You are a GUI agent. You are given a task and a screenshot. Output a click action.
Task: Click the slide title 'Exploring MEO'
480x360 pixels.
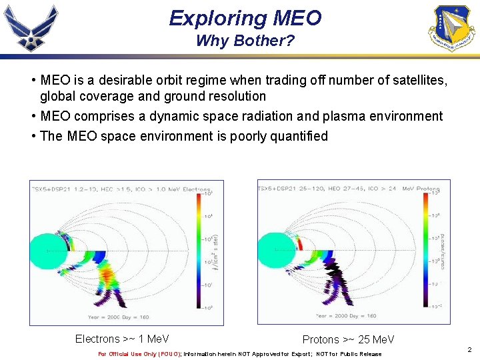[x=245, y=18]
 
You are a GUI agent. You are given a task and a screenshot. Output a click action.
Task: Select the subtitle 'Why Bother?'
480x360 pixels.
[x=245, y=41]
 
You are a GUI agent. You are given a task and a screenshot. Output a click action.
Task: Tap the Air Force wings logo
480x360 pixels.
[x=31, y=27]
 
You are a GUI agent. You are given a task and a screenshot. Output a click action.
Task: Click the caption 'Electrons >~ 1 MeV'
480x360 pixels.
[x=122, y=339]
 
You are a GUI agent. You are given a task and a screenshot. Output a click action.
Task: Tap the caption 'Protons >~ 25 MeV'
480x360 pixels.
[x=348, y=340]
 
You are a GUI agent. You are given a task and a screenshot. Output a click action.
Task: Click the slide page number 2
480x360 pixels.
[x=469, y=349]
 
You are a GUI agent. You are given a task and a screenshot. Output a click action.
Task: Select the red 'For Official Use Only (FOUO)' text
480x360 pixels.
[x=139, y=354]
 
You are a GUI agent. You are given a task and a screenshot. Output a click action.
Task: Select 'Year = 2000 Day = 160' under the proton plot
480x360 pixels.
[x=346, y=316]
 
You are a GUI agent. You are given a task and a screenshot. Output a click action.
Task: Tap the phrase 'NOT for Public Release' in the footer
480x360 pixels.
[x=349, y=354]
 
